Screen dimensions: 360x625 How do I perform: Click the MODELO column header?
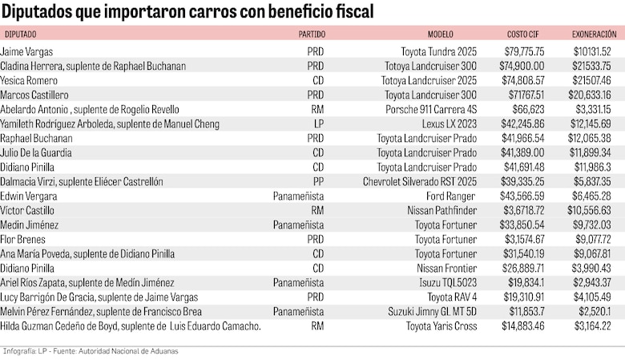[440, 34]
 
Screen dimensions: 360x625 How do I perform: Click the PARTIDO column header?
[312, 34]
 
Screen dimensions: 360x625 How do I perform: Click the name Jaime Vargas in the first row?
[24, 52]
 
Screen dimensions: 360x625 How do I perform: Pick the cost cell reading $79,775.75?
[524, 52]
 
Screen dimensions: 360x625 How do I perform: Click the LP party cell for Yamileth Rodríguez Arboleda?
[318, 124]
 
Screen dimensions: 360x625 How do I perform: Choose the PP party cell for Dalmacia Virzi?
[318, 182]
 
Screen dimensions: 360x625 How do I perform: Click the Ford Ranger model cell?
[452, 196]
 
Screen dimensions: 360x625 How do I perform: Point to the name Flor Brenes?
[22, 240]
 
